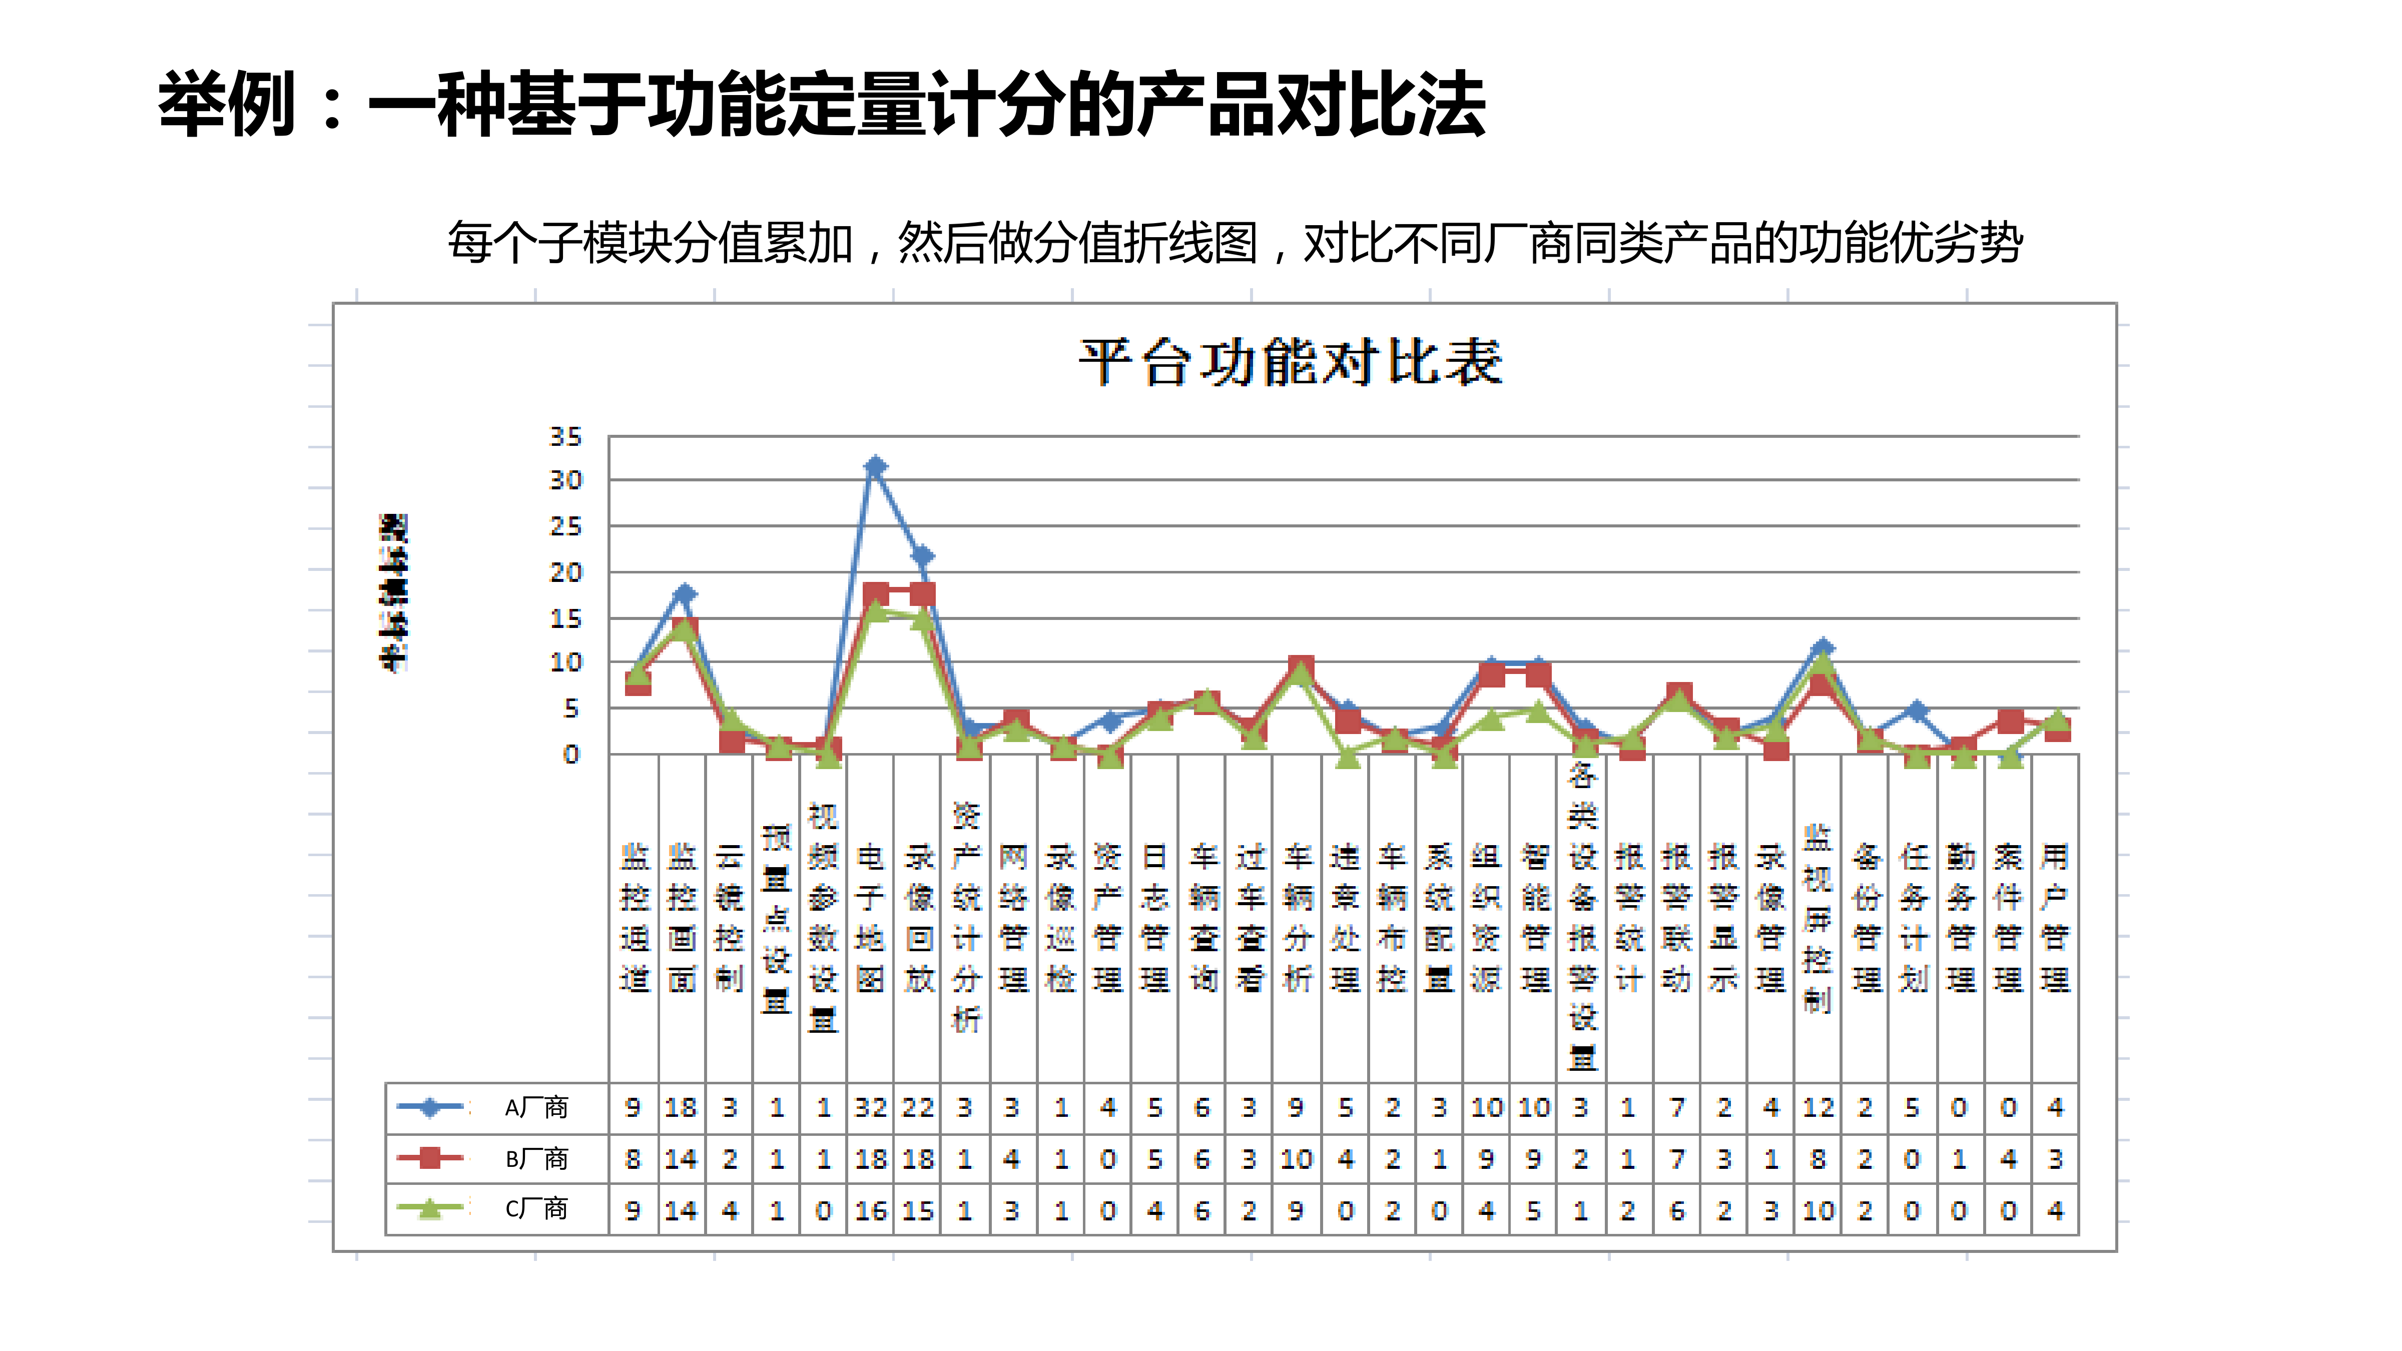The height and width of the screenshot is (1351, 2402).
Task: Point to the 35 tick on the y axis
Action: [x=565, y=436]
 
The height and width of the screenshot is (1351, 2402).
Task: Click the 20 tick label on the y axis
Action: [x=565, y=572]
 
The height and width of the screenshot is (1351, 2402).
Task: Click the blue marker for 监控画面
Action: [x=685, y=593]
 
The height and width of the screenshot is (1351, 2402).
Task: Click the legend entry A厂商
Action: [x=535, y=1108]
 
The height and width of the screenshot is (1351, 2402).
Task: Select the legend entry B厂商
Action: [x=535, y=1159]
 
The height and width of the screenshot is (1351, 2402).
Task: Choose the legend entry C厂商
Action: [x=535, y=1209]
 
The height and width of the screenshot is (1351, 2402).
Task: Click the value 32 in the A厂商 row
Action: [x=871, y=1108]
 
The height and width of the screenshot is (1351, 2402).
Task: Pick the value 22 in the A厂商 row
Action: [x=918, y=1108]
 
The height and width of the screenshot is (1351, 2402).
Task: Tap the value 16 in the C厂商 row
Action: [x=871, y=1210]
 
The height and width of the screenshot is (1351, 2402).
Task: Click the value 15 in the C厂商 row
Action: [x=918, y=1210]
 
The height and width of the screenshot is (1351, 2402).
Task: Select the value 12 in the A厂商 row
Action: [x=1819, y=1108]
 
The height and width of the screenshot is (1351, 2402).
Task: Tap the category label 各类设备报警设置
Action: [x=1582, y=918]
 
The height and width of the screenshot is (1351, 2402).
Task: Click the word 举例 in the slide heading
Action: [x=227, y=105]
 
